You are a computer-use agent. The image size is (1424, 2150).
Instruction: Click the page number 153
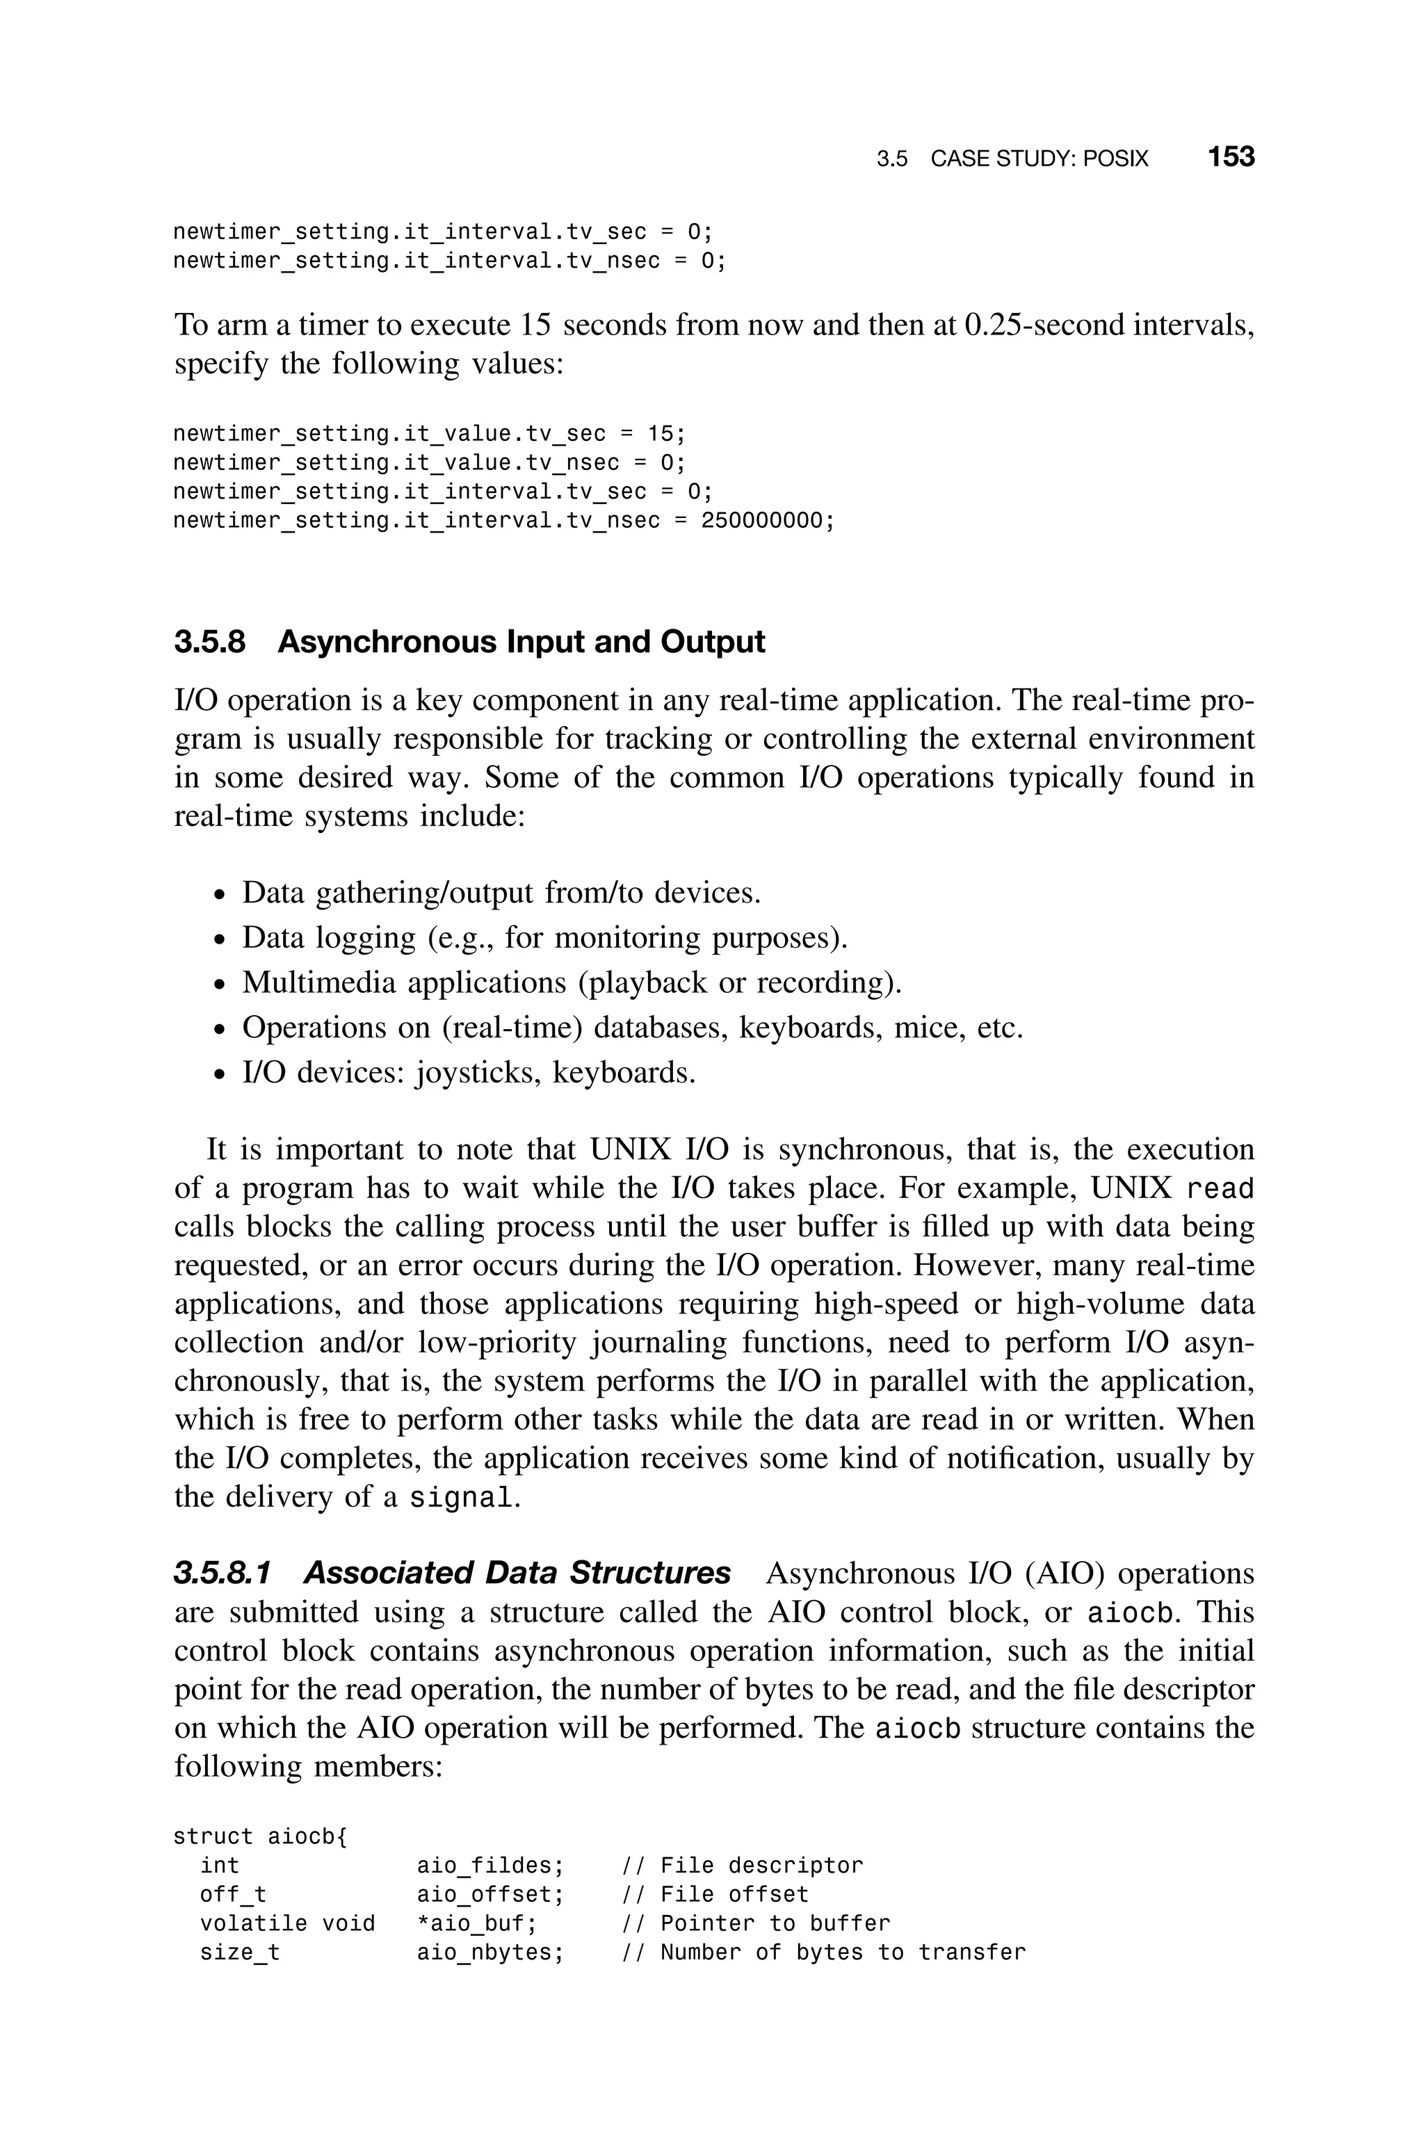[x=1231, y=157]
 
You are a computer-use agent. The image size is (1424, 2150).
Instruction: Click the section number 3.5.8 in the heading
[x=210, y=642]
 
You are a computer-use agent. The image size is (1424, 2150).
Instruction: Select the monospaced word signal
[x=460, y=1497]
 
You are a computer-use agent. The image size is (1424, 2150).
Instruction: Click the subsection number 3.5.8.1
[x=222, y=1574]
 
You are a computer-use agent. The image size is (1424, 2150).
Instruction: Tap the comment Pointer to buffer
[x=775, y=1924]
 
